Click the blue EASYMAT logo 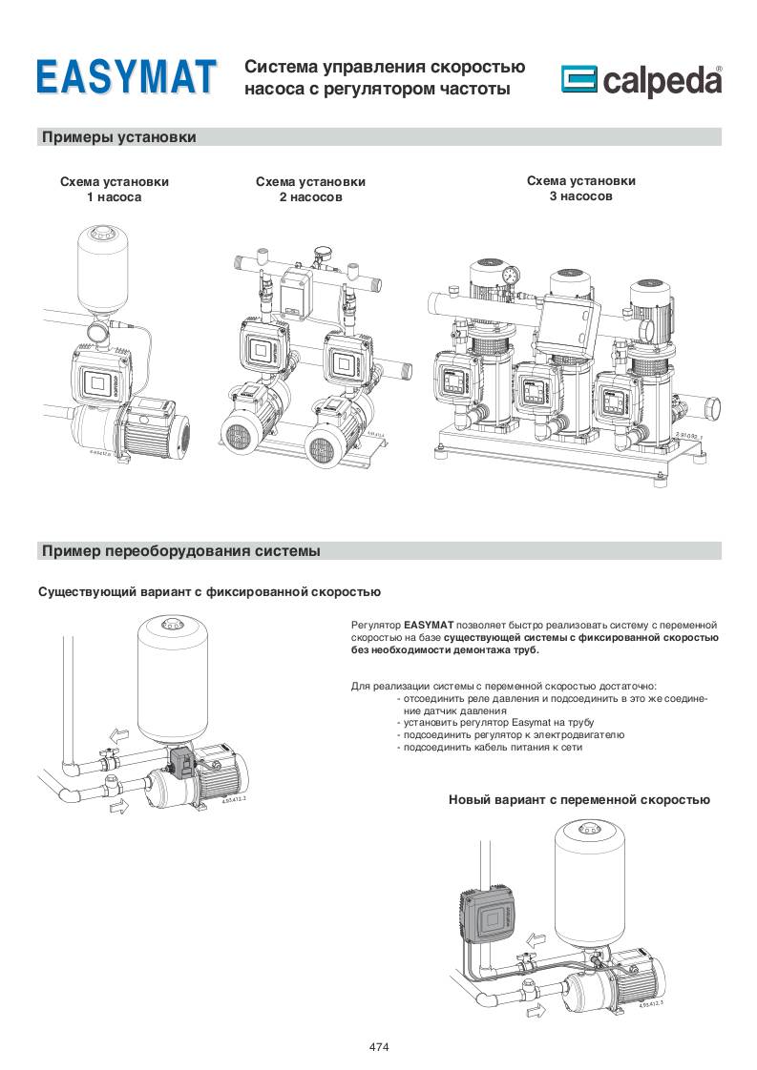(126, 76)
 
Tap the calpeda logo (641, 80)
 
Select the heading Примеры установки (119, 137)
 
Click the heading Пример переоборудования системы (181, 550)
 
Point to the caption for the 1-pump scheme (115, 189)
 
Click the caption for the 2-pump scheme (310, 189)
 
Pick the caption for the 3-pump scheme (580, 188)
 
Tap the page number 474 (379, 1047)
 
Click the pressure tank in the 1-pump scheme (105, 270)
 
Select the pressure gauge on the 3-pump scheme (511, 277)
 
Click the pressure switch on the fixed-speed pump (182, 763)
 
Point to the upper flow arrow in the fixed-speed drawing (118, 736)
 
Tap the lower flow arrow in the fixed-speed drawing (118, 808)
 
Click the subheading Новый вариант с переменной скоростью (579, 800)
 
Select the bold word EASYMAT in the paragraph (429, 625)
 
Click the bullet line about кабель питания (489, 748)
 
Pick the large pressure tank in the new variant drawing (589, 884)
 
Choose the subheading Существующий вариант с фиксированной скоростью (209, 592)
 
